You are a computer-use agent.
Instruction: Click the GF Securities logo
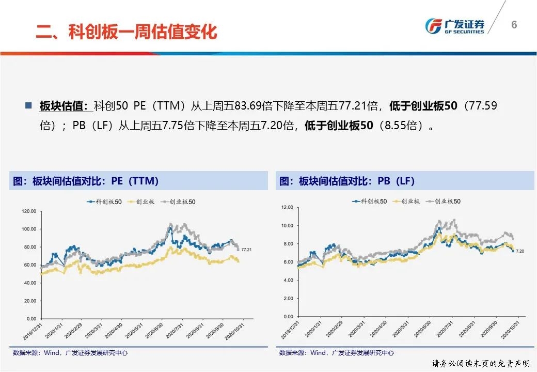tap(454, 26)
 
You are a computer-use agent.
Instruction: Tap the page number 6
tap(514, 25)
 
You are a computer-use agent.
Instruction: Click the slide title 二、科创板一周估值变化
tap(126, 32)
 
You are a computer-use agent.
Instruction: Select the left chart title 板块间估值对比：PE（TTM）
tap(86, 181)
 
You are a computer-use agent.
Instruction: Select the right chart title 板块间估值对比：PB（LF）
tap(348, 181)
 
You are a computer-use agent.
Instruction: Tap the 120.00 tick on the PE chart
tap(29, 211)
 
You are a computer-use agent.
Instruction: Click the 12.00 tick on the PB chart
tap(287, 207)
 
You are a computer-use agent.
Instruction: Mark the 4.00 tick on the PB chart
tap(288, 280)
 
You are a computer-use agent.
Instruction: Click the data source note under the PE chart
tap(70, 353)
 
